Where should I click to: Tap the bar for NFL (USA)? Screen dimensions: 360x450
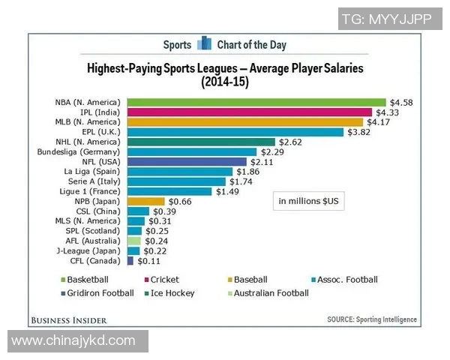point(187,161)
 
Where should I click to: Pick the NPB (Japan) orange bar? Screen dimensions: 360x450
point(146,201)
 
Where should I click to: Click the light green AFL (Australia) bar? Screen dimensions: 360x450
point(134,241)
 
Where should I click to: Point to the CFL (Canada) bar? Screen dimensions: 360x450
point(130,260)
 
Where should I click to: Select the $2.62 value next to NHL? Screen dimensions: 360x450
point(289,142)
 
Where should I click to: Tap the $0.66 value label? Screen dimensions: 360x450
point(180,201)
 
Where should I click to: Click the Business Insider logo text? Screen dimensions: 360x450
point(79,320)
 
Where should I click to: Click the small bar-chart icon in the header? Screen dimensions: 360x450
point(205,44)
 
